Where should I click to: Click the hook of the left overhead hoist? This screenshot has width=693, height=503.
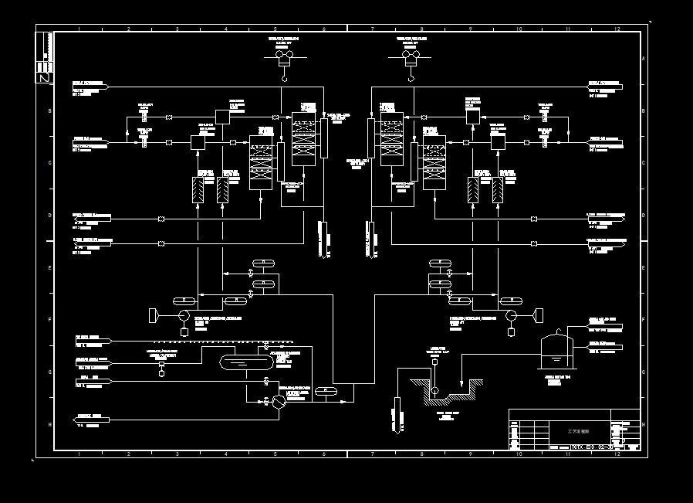(284, 77)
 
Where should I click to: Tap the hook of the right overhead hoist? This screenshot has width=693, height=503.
(410, 77)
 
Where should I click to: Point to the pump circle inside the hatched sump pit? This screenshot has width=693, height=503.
(435, 391)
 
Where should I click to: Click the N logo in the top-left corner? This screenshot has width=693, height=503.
(44, 77)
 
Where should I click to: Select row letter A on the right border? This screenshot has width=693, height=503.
(644, 59)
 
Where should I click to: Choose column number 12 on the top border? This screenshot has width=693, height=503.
(617, 29)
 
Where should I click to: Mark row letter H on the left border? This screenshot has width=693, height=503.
(49, 424)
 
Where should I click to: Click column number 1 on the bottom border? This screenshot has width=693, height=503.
(79, 454)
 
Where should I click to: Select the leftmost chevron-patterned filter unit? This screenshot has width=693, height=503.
(198, 190)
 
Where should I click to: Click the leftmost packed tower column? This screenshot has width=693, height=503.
(260, 162)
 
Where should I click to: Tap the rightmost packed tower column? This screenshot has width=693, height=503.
(434, 162)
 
